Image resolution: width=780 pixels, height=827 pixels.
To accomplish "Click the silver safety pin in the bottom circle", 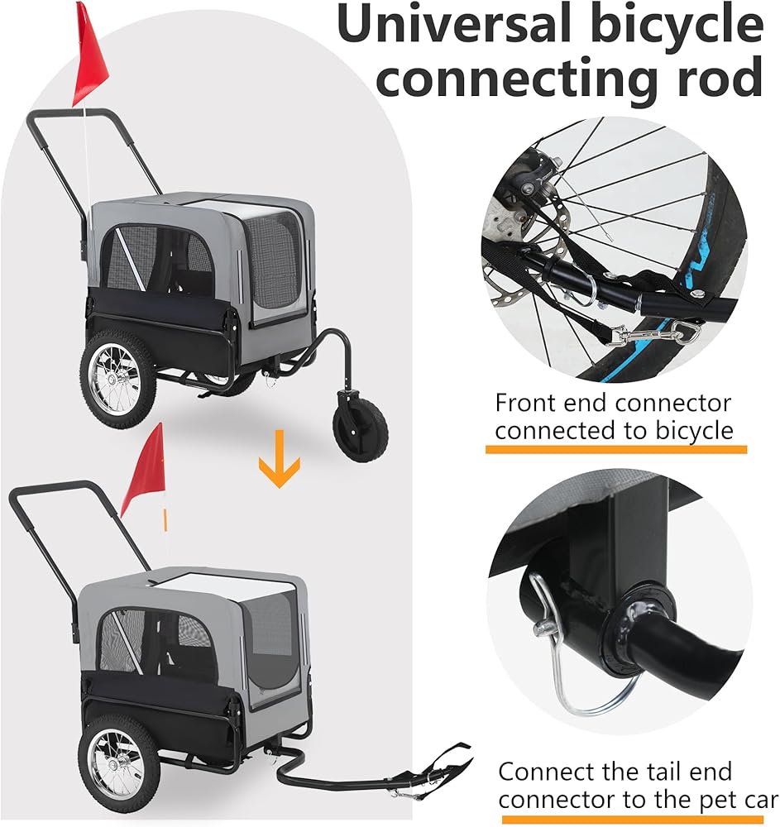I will point(571,662).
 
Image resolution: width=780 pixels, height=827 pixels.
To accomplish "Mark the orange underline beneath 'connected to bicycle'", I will point(615,449).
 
